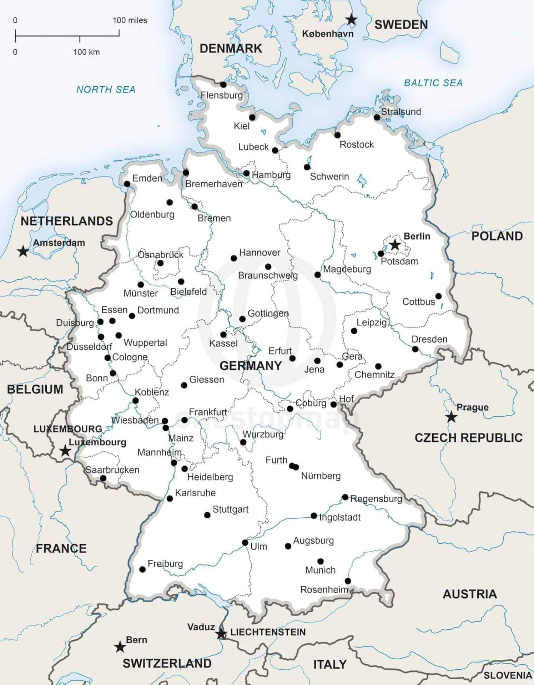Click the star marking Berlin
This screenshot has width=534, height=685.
click(395, 245)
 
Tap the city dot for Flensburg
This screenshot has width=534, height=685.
click(223, 85)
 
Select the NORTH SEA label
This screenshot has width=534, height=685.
click(106, 90)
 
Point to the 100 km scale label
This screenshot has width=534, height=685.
click(86, 52)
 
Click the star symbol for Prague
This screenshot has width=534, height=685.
click(451, 416)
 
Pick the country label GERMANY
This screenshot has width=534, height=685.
click(251, 366)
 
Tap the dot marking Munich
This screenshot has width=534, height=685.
click(320, 561)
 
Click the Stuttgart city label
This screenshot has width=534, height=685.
click(230, 509)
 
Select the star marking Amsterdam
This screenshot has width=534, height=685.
click(23, 251)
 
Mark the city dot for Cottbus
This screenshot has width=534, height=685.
click(438, 296)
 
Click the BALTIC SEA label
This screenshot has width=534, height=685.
click(433, 83)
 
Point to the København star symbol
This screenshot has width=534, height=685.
click(352, 20)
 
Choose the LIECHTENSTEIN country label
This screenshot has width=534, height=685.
click(268, 632)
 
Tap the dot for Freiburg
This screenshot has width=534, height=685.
click(142, 569)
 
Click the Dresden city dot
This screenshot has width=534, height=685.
click(415, 349)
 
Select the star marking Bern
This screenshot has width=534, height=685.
click(120, 647)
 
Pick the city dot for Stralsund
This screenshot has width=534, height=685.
click(377, 117)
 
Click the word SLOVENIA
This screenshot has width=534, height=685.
click(507, 675)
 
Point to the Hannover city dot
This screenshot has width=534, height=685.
click(234, 258)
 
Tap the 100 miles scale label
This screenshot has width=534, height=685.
click(130, 20)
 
